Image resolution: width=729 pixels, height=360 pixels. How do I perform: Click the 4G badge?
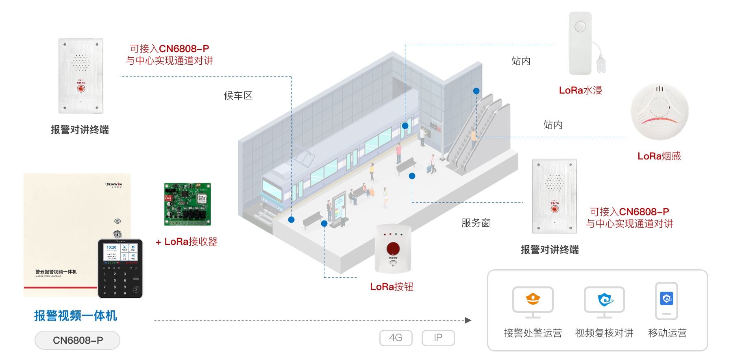[396, 338]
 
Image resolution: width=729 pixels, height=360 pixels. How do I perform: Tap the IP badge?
[438, 338]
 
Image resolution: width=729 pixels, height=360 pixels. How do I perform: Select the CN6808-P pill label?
[77, 340]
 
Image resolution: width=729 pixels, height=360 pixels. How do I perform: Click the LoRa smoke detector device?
[659, 111]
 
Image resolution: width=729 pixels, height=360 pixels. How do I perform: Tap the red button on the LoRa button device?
[393, 248]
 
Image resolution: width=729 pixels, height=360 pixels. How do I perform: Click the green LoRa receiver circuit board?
[187, 204]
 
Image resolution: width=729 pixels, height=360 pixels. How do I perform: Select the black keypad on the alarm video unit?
[120, 268]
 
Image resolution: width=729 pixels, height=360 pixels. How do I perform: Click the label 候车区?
[238, 96]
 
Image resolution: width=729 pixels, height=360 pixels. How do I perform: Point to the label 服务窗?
[476, 223]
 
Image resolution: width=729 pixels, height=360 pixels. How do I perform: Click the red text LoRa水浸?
[580, 90]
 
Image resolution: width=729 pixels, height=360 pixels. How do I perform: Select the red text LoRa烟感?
[659, 156]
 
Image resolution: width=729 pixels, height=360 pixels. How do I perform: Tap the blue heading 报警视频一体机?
[76, 316]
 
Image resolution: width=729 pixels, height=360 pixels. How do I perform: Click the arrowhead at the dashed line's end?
[468, 321]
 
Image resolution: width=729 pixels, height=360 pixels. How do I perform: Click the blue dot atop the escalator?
[476, 91]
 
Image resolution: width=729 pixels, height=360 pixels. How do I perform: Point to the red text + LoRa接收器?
[187, 242]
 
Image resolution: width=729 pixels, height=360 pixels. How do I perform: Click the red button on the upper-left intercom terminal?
[81, 88]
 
